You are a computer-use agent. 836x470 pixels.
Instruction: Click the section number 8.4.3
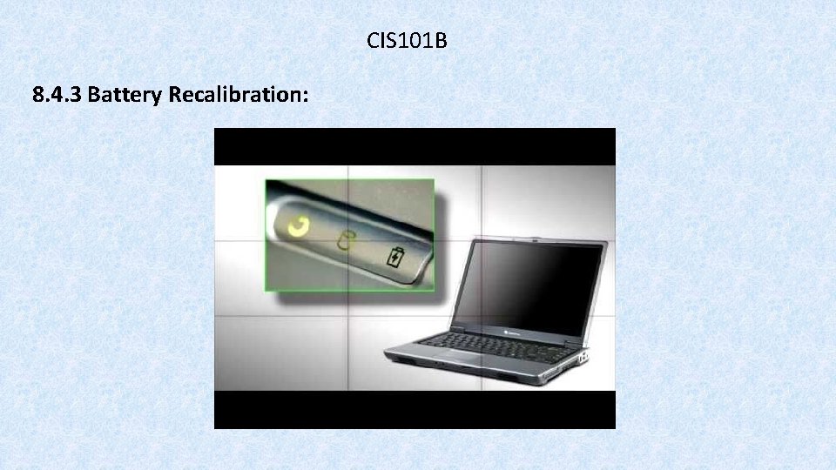56,95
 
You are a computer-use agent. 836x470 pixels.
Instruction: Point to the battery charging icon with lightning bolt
395,258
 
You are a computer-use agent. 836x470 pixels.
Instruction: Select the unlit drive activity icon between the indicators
347,242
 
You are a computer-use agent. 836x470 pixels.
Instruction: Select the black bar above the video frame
415,146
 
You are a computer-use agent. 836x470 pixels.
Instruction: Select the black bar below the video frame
415,409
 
